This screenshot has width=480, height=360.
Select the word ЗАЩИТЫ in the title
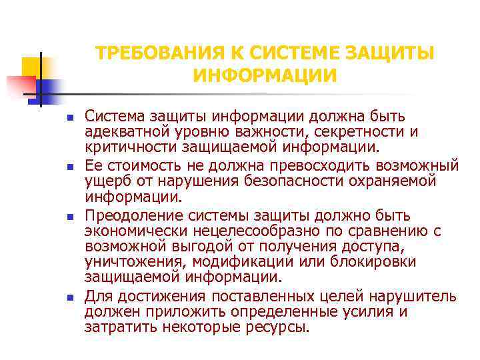coord(392,53)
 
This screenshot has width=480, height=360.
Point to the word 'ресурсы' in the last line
coord(281,327)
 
